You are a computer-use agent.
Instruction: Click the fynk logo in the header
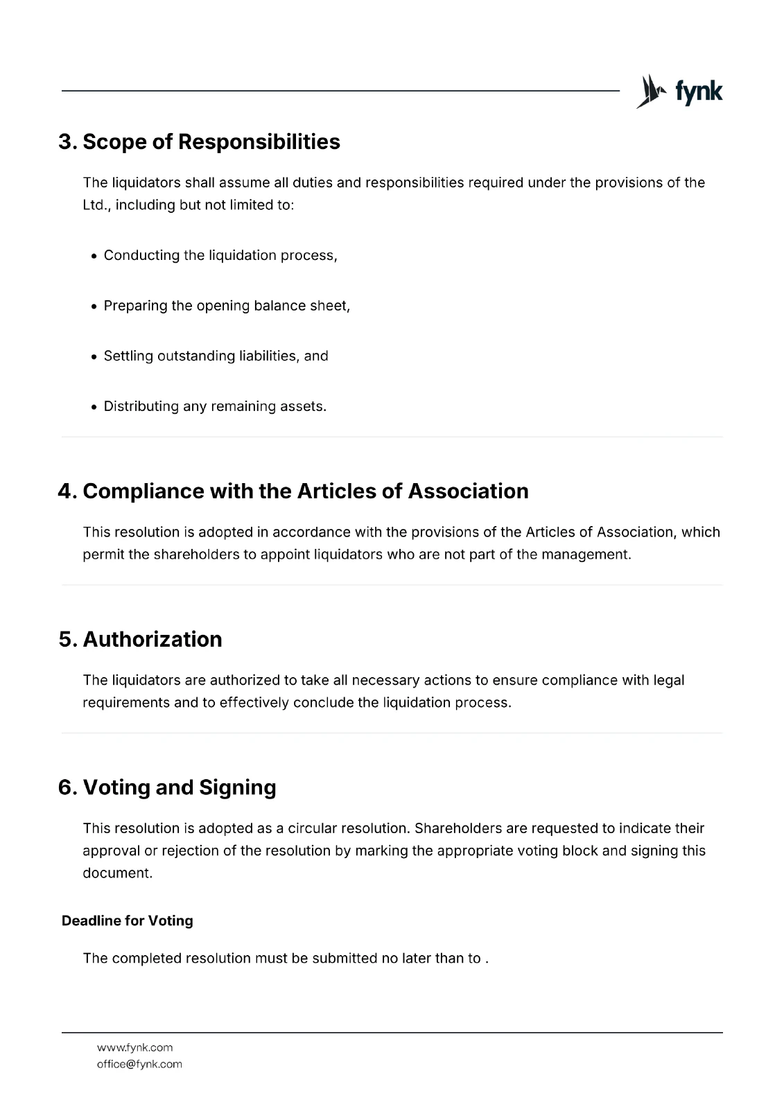tap(679, 91)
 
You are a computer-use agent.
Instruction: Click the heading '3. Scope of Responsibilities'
tap(200, 141)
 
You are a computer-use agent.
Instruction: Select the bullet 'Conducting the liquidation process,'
tap(220, 255)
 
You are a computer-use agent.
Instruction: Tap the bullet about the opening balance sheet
tap(227, 306)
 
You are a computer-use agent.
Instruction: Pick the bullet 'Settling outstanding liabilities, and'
tap(216, 356)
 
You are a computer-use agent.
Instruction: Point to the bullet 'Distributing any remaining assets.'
tap(215, 406)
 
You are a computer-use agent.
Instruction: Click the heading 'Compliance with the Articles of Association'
tap(293, 491)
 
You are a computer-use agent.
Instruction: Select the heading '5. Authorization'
tap(141, 639)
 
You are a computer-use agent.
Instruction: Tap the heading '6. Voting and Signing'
tap(168, 787)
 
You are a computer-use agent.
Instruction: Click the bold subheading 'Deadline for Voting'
tap(128, 920)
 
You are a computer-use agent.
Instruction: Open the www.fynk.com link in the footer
tap(134, 1047)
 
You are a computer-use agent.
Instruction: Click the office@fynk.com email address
tap(139, 1064)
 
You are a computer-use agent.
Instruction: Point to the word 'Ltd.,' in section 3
tap(96, 205)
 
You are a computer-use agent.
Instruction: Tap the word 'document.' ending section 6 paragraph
tap(117, 873)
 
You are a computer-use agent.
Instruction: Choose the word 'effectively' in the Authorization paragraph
tap(254, 702)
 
